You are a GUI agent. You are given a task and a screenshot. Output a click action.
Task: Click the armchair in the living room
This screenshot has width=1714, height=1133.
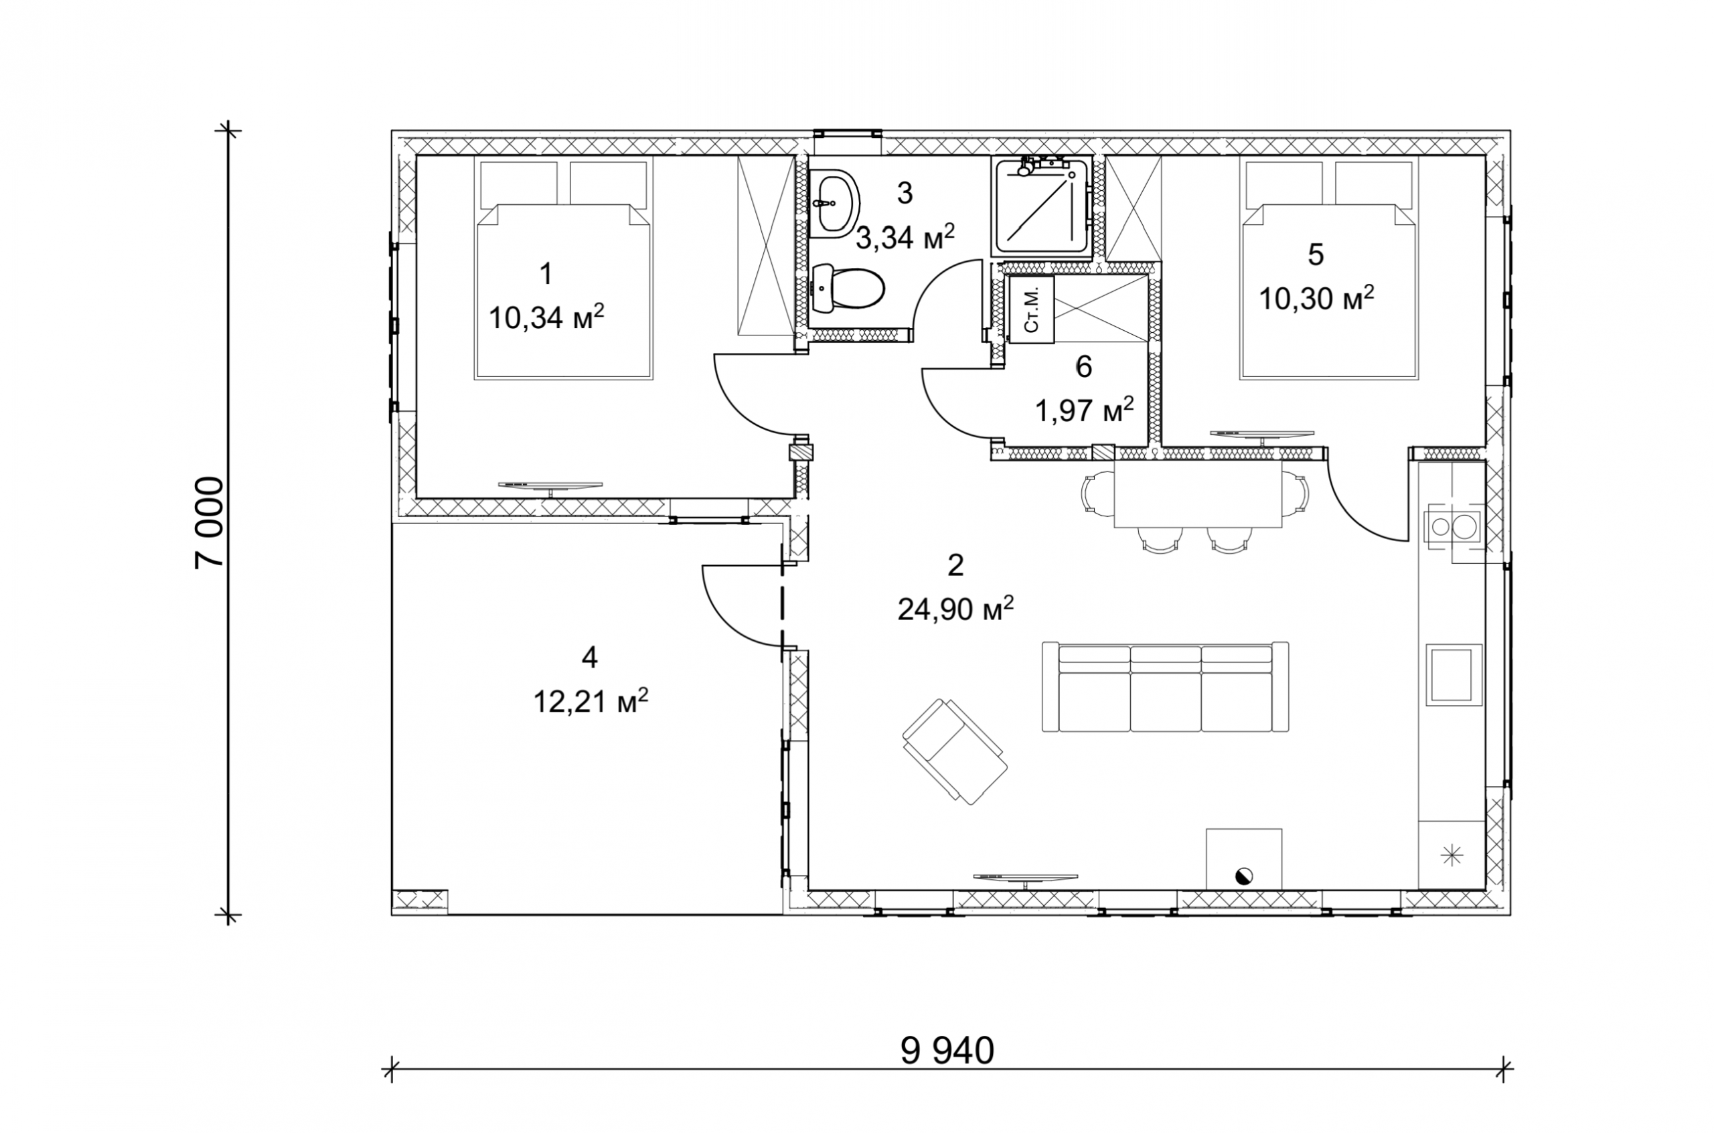pos(955,751)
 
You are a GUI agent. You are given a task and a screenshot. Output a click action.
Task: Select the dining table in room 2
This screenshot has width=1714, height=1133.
pos(1198,498)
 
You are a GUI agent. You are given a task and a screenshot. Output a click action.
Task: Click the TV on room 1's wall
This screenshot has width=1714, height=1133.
pos(551,486)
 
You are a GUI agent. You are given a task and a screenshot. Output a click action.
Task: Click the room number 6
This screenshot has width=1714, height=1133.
pos(1083,367)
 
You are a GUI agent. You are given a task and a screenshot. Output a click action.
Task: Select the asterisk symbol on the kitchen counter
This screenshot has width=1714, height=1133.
pos(1450,856)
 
